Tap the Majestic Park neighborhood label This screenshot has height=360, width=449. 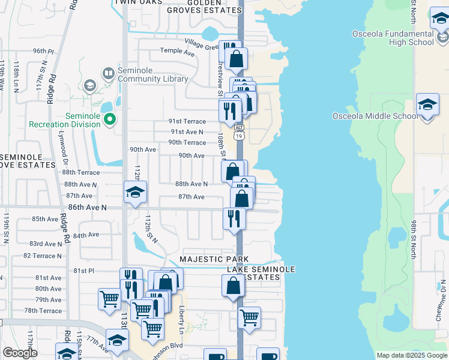[214, 259]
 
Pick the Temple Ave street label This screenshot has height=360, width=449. [178, 52]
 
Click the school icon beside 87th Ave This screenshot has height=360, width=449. [135, 193]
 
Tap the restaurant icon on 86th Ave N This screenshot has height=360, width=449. [234, 218]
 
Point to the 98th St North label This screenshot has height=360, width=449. [414, 239]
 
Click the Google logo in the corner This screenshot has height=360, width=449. [20, 353]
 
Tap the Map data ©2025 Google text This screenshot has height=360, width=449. [412, 355]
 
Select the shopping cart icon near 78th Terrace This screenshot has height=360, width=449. [110, 299]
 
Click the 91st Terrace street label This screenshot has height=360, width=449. [188, 121]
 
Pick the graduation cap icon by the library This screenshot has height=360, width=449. [89, 86]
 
